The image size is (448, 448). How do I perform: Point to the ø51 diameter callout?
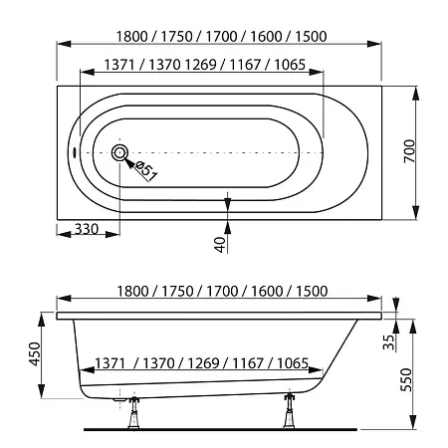145,170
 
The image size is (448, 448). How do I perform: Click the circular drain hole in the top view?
121,154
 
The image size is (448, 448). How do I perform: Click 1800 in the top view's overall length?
134,37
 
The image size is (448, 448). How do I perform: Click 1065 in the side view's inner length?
300,363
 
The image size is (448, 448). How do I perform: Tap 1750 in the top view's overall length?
178,37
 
